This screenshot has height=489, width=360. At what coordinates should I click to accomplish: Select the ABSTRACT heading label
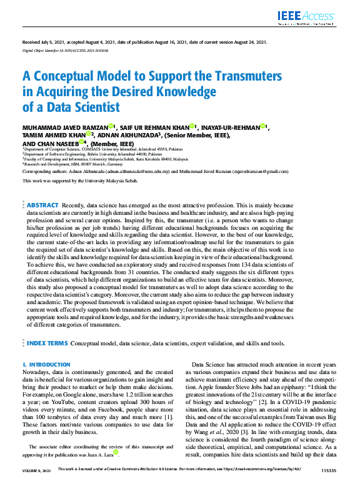pyautogui.click(x=43, y=205)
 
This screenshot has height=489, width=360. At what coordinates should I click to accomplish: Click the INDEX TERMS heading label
pyautogui.click(x=47, y=343)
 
